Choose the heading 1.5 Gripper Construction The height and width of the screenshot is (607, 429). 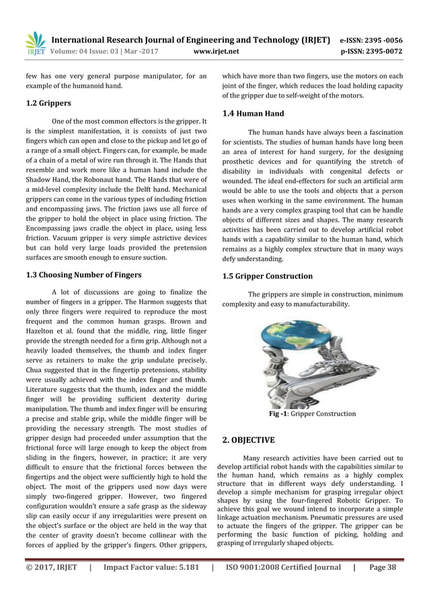point(267,276)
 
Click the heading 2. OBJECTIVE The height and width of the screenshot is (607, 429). point(248,440)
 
